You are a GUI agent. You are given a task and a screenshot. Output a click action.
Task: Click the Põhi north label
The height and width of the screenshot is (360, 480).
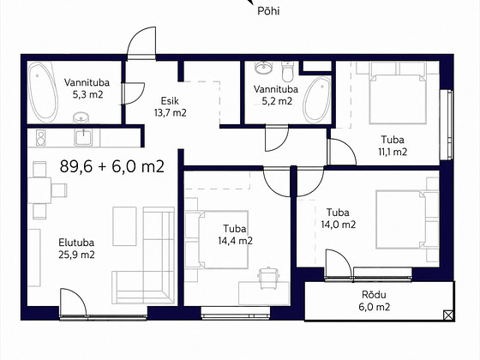(268, 11)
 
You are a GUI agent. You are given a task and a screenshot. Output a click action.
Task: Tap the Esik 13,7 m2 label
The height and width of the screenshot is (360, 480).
(171, 107)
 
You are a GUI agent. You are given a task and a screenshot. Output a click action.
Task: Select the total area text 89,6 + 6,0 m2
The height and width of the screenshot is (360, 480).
(112, 167)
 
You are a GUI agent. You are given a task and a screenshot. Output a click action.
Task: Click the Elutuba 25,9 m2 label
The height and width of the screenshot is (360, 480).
(76, 249)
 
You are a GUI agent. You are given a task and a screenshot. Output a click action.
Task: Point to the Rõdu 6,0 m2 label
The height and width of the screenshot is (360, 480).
(374, 301)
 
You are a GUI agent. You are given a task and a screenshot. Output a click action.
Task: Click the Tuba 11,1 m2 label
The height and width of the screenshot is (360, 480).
(393, 146)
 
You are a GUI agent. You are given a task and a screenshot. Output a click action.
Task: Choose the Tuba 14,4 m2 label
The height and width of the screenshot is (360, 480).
(235, 235)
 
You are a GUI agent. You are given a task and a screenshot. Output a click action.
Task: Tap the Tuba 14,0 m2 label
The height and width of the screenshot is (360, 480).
(339, 219)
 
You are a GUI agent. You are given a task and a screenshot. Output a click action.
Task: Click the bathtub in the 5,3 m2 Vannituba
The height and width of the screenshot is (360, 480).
(43, 93)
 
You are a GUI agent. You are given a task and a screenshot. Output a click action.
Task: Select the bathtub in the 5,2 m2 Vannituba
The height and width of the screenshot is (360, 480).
(317, 99)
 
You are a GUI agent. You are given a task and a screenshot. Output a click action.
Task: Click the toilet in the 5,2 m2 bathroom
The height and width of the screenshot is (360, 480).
(288, 71)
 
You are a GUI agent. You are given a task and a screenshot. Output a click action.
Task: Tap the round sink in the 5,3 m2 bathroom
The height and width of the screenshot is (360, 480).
(81, 117)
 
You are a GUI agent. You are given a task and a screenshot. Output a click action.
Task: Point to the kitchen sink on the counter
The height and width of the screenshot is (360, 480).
(83, 138)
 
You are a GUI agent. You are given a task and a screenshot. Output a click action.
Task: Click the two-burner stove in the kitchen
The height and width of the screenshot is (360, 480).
(41, 137)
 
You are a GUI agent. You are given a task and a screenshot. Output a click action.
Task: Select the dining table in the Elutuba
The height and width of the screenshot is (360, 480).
(39, 190)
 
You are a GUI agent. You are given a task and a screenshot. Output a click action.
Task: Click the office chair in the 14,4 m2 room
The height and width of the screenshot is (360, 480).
(268, 278)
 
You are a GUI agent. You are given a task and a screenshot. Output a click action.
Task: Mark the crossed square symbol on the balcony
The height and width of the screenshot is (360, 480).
(448, 315)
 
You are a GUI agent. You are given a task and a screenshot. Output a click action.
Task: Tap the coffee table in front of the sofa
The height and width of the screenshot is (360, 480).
(124, 226)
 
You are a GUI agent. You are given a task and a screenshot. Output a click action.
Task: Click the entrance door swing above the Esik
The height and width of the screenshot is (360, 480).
(142, 43)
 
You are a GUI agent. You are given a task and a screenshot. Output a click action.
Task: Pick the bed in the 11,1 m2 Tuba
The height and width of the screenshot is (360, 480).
(398, 93)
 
